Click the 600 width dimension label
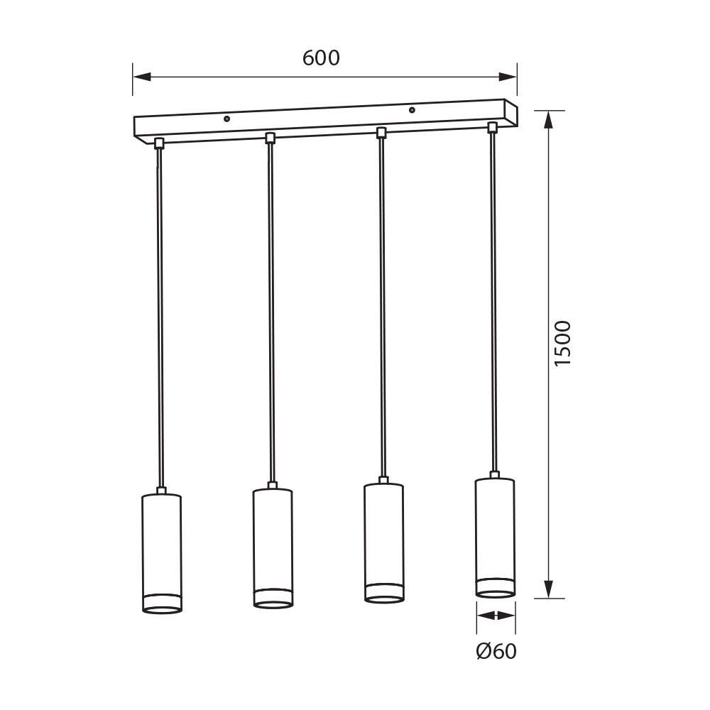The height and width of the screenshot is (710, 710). tap(321, 58)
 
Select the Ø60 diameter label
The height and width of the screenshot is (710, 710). tap(496, 651)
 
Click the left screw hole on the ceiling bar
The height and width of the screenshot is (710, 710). tap(227, 119)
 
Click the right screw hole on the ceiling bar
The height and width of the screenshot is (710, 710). tap(412, 109)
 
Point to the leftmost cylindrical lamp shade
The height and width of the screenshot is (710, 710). tap(162, 553)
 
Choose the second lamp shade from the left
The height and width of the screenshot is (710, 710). tap(273, 548)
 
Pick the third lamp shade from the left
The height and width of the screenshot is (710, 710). tap(383, 542)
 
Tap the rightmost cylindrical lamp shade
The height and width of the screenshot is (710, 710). tap(495, 537)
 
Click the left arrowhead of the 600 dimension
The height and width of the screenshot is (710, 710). tap(141, 77)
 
